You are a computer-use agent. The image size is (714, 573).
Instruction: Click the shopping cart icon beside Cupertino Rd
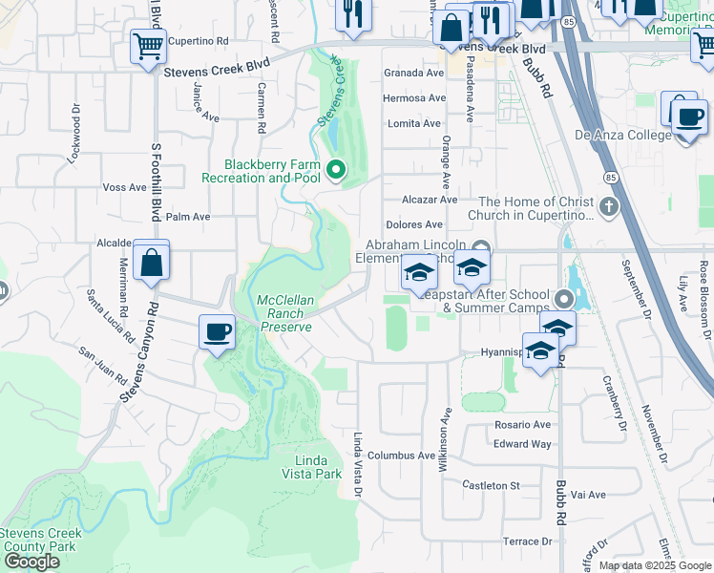click(147, 45)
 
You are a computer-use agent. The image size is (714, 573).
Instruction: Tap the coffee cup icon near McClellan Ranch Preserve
click(217, 332)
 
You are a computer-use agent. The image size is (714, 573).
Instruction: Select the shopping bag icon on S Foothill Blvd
click(151, 261)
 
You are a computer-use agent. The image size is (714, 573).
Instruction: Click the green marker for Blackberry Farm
click(335, 171)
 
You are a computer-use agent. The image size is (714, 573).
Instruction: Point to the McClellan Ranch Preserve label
click(285, 313)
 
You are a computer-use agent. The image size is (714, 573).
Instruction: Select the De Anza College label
click(622, 135)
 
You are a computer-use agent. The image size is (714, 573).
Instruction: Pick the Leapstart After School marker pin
click(563, 300)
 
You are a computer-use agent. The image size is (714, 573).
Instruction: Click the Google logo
click(31, 562)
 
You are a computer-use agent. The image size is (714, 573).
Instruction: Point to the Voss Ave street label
click(124, 187)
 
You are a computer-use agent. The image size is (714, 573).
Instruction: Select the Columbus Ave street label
click(402, 456)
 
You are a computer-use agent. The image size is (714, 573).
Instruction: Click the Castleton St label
click(491, 485)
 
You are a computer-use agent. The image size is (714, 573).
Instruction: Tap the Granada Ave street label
click(413, 73)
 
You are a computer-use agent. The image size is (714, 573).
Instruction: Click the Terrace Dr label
click(528, 541)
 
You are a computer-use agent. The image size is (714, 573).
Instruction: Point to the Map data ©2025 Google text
click(655, 565)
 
